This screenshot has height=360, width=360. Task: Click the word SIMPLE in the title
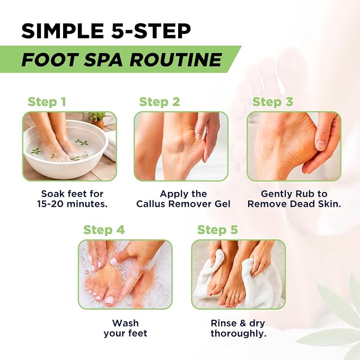click(62, 31)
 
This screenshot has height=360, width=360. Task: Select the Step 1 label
click(47, 102)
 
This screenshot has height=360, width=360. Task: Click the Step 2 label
click(160, 102)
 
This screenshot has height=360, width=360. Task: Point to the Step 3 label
click(273, 102)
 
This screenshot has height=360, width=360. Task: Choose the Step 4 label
click(104, 230)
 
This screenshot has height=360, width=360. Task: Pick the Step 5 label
click(218, 230)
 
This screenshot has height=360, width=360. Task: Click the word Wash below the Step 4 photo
click(125, 323)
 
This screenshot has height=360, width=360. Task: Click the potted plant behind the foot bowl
click(98, 119)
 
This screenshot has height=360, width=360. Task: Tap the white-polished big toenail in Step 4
click(110, 300)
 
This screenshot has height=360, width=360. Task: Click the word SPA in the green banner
click(104, 60)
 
